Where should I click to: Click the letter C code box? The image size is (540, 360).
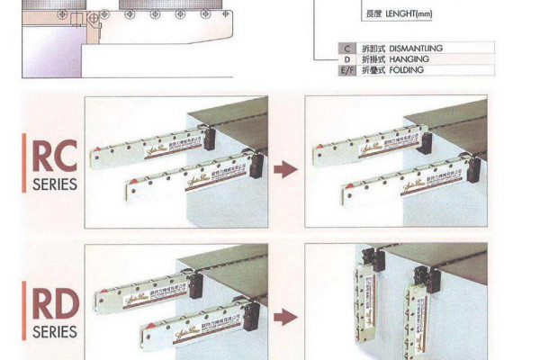pos(346,48)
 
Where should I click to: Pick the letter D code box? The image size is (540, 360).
pos(346,58)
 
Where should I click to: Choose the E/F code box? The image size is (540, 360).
pos(346,70)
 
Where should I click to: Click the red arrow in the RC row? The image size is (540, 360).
pos(285,168)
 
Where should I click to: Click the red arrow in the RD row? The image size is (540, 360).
pos(285,316)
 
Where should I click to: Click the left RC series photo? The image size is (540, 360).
pos(176,162)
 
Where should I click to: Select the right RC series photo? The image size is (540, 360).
pos(396,162)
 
